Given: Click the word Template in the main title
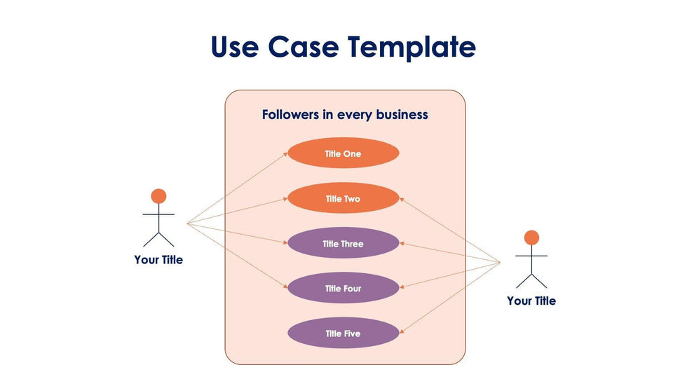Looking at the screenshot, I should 411,47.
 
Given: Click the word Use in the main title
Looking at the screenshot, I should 235,47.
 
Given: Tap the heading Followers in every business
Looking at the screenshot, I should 345,114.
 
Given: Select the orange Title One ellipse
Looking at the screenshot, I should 343,153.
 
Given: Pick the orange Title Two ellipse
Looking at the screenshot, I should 343,199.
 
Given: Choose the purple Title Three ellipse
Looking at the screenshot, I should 343,244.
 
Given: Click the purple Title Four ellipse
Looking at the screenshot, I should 343,289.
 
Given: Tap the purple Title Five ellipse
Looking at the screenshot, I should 343,333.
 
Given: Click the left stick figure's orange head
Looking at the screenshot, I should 159,196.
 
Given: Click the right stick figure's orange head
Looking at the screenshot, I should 531,237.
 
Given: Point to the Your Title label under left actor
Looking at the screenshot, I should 158,260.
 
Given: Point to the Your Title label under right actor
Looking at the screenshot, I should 531,301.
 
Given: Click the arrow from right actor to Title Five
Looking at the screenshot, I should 451,297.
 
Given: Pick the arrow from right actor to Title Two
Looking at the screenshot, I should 451,230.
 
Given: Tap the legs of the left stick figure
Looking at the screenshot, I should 159,238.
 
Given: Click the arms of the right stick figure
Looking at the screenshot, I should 531,256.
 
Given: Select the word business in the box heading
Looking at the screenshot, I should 402,114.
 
